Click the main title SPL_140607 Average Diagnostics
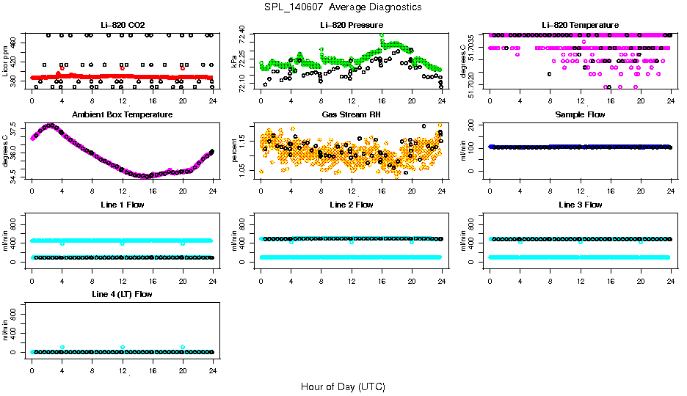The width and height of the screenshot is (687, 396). (343, 7)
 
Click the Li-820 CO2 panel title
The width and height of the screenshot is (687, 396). (121, 25)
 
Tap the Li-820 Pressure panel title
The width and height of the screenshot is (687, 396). (350, 25)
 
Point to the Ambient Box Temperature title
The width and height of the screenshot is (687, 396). (122, 115)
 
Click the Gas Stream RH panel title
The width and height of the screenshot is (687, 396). (350, 115)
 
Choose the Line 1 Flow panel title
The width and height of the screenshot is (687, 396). (122, 205)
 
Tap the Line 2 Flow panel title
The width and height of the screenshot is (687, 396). (350, 205)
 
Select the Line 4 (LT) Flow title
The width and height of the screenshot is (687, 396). (122, 294)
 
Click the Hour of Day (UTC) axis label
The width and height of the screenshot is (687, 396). (343, 386)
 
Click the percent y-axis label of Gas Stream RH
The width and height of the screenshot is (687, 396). (234, 150)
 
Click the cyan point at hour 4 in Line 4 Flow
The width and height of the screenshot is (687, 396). (62, 348)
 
